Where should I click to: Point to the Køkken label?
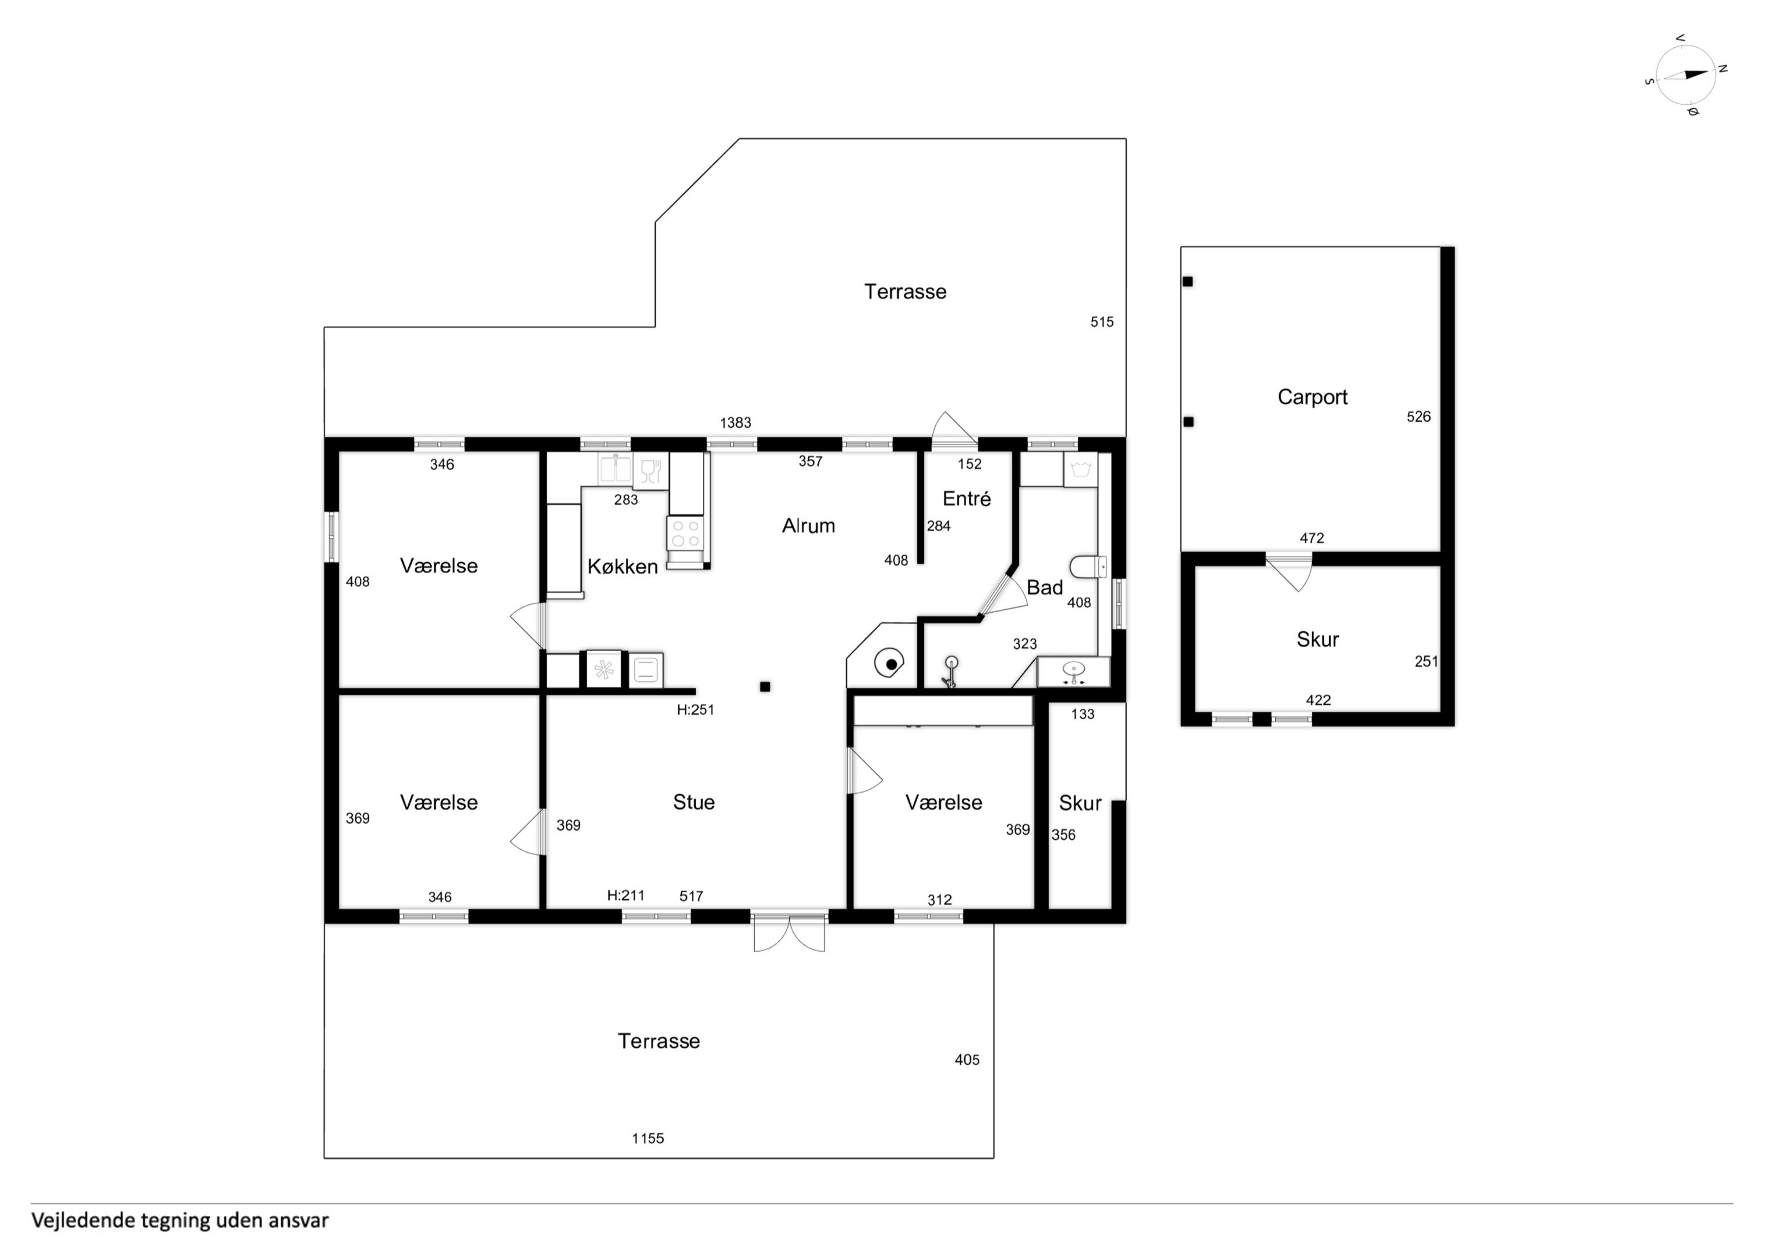(622, 567)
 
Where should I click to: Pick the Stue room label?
(694, 802)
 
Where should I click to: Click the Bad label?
(1045, 588)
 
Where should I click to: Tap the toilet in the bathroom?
(1088, 567)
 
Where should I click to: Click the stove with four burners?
(686, 533)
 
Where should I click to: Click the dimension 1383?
(735, 423)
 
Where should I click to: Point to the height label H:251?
(695, 710)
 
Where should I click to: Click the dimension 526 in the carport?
(1419, 417)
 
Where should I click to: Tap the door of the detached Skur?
(1289, 572)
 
